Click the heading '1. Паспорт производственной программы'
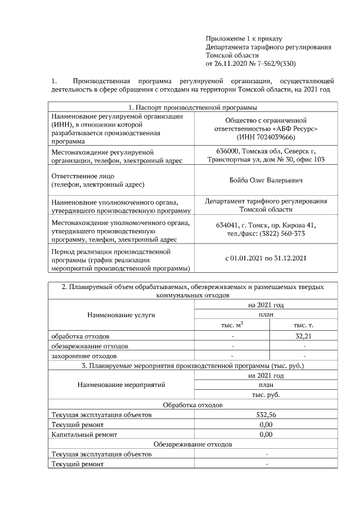coord(193,107)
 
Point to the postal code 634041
coord(228,226)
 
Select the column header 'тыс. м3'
coord(232,326)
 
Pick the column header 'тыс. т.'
coord(304,326)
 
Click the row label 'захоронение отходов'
coord(84,356)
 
